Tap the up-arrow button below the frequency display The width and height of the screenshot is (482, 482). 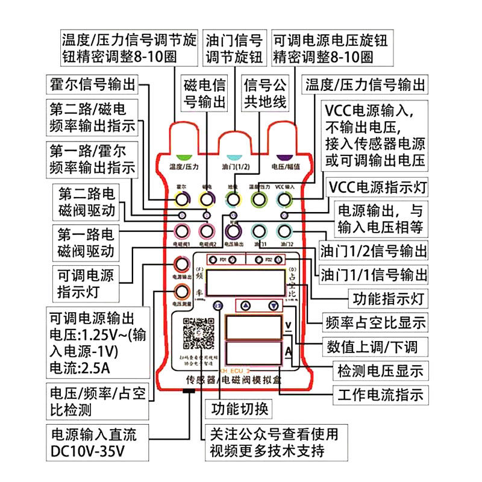click(x=245, y=306)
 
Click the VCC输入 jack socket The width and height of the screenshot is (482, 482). click(x=285, y=199)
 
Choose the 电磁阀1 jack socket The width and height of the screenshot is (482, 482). click(x=182, y=231)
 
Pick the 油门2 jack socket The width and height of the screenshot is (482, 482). click(x=285, y=231)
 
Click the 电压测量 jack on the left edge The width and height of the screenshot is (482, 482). click(x=182, y=292)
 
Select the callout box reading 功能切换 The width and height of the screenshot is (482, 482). click(x=240, y=409)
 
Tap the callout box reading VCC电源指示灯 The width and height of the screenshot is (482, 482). click(x=377, y=186)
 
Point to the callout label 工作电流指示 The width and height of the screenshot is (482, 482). click(x=379, y=395)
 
